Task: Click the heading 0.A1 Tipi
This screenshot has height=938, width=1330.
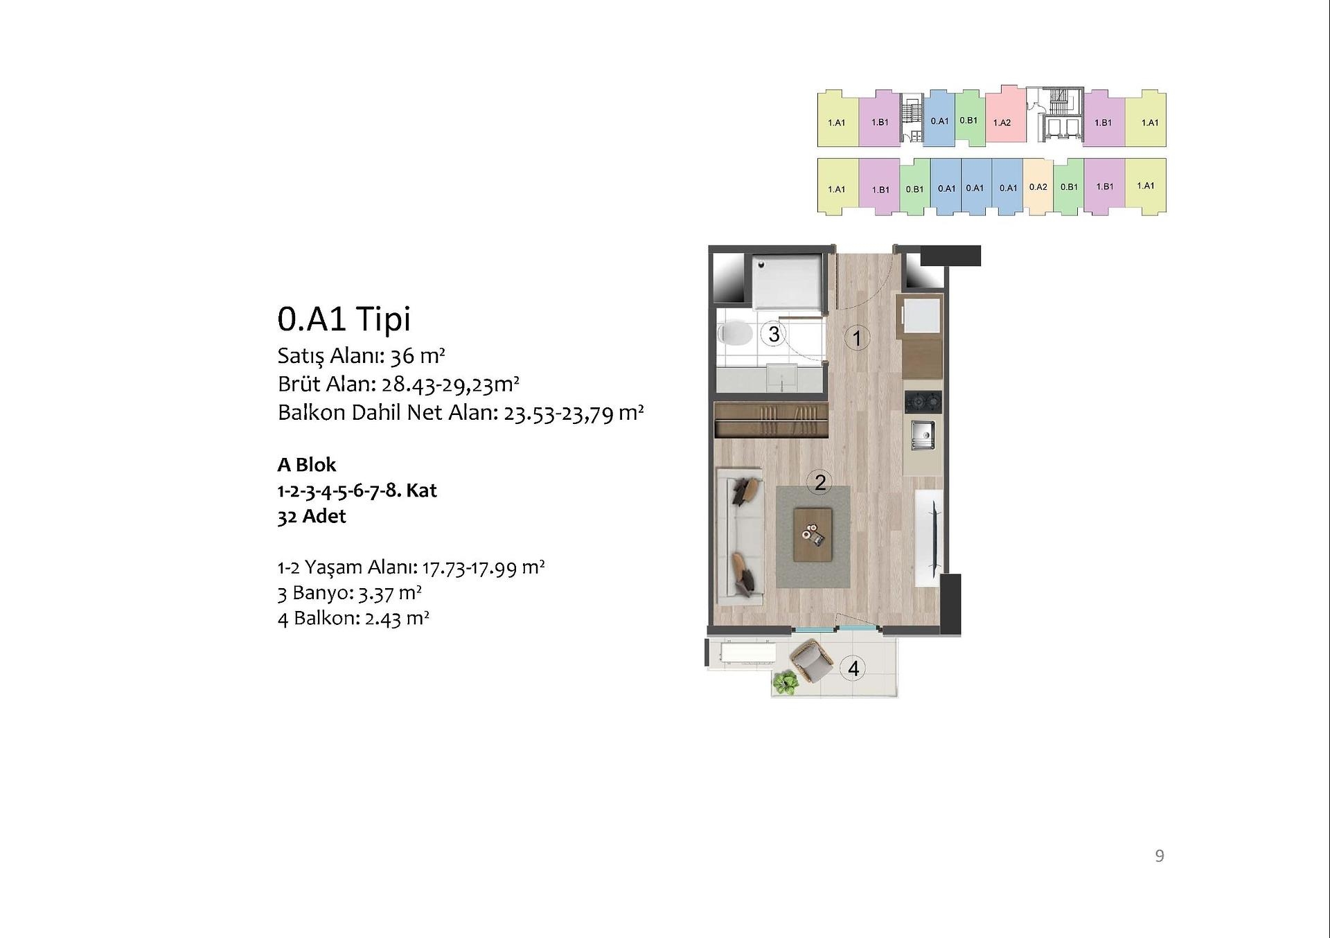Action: point(344,319)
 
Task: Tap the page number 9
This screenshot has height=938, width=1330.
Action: point(1160,856)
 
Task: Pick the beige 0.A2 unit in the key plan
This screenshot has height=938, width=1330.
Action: point(1038,186)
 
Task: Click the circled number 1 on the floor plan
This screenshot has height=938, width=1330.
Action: point(857,338)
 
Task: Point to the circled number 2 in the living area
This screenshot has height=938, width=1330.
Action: point(820,482)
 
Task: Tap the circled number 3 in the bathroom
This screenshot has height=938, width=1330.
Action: point(774,334)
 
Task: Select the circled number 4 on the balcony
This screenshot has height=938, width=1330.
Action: point(853,669)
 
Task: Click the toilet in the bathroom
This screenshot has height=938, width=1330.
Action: point(735,335)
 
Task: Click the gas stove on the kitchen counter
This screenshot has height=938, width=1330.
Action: point(923,401)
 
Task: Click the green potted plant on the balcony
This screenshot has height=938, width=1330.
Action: point(785,683)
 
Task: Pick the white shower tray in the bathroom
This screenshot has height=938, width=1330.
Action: point(788,282)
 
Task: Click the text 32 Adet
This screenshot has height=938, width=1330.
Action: point(312,517)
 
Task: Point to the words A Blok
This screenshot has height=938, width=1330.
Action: point(307,465)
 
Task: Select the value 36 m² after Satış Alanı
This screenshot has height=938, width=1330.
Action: point(418,356)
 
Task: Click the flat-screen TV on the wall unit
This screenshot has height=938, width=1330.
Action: point(935,539)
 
